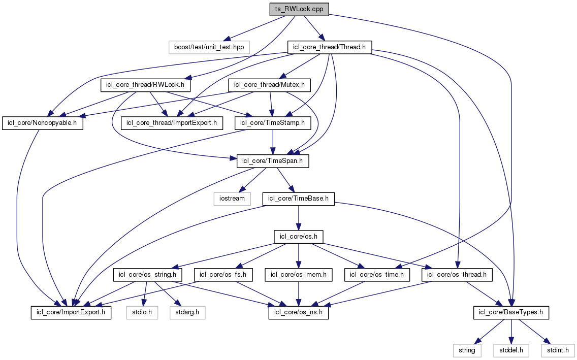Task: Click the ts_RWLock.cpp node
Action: (x=299, y=9)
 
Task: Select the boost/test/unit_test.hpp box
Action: (x=209, y=47)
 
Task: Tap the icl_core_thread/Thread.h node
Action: (x=330, y=47)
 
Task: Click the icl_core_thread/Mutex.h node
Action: (x=270, y=85)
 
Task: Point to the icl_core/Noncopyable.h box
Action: (x=43, y=123)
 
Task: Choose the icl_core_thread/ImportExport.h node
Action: (x=172, y=123)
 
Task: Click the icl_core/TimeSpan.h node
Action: (x=273, y=161)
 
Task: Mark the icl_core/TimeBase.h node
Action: (x=299, y=199)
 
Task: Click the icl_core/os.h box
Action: (x=299, y=237)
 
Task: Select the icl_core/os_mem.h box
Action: (x=299, y=275)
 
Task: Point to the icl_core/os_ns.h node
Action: (x=299, y=312)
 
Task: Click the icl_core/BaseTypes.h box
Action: (x=511, y=312)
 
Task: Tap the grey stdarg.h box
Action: (x=187, y=312)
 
